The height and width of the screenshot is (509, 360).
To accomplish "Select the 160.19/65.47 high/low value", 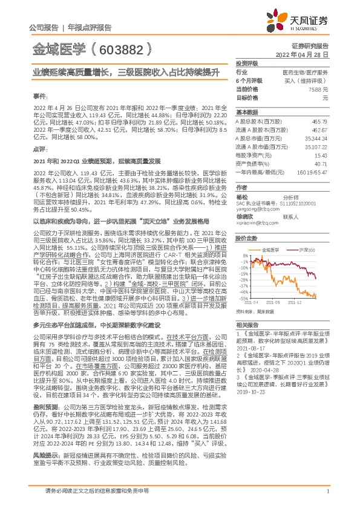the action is [x=315, y=172].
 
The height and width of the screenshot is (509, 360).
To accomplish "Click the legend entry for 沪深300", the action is [x=305, y=249].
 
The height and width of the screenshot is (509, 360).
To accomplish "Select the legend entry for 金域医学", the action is [x=272, y=249].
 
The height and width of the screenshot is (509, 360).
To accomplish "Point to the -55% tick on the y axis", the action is [x=241, y=297].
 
